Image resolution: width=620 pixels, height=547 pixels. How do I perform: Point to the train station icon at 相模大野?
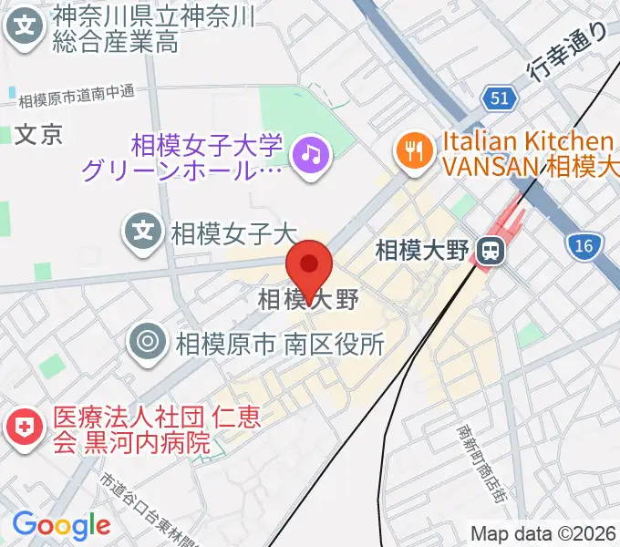tap(491, 248)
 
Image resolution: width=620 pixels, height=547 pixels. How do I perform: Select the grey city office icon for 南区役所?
tap(146, 343)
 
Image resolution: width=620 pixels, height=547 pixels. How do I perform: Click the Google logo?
tap(61, 525)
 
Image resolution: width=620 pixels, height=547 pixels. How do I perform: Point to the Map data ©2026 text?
tap(544, 532)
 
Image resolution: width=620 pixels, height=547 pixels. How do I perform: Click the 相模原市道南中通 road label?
tap(77, 93)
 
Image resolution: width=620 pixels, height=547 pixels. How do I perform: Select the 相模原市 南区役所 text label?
tap(274, 344)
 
